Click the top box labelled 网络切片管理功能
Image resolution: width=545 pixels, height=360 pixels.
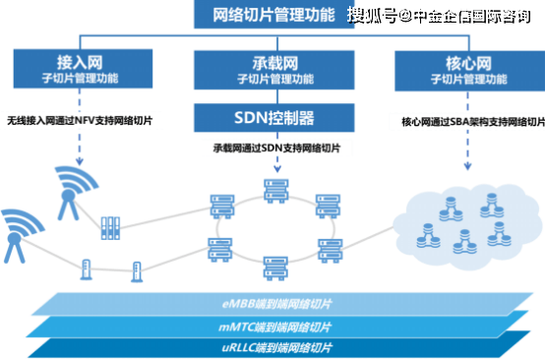click(273, 14)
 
